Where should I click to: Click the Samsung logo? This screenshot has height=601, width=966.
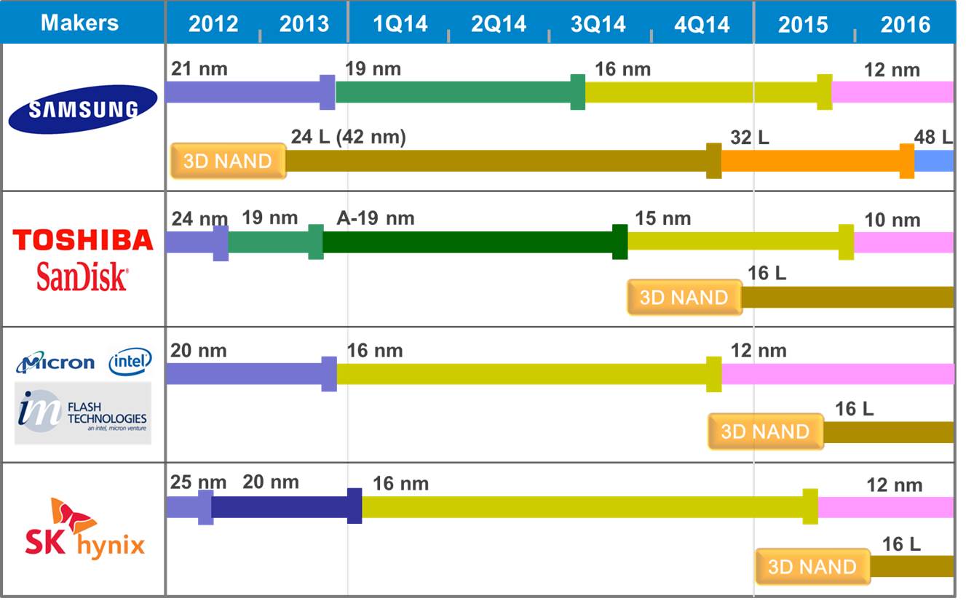(x=83, y=109)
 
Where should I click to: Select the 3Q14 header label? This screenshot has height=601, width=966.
(x=598, y=24)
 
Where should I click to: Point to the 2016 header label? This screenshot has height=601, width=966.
(x=905, y=24)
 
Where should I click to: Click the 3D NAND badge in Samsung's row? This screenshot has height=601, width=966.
(x=228, y=161)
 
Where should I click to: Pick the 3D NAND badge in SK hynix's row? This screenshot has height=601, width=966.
(x=812, y=567)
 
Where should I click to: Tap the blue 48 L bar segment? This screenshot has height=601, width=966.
(x=934, y=161)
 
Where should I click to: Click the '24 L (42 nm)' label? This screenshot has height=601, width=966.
(x=348, y=137)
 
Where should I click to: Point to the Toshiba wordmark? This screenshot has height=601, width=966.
(x=83, y=239)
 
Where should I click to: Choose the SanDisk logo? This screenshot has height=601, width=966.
(x=82, y=277)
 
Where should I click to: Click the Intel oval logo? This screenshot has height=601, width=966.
(x=130, y=361)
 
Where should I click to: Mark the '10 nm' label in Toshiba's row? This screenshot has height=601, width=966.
(x=892, y=220)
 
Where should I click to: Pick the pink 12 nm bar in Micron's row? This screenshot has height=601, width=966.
(x=837, y=374)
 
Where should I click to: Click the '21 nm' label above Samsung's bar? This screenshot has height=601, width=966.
(x=199, y=70)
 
